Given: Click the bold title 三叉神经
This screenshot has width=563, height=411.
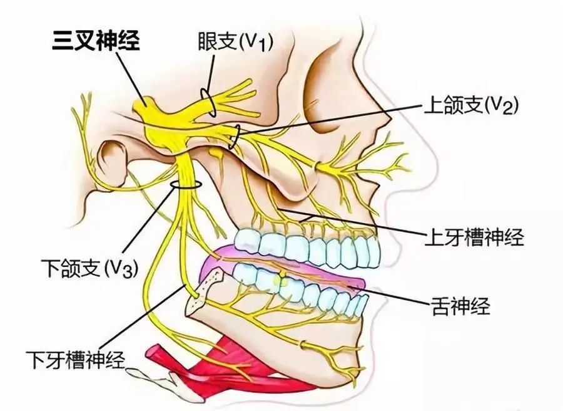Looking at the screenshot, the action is (x=96, y=41).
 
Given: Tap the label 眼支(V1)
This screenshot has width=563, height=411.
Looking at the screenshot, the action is (x=236, y=41).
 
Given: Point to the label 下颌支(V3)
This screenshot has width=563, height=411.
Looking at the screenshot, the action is (x=89, y=268).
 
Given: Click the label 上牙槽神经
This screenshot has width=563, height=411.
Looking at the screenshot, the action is (x=474, y=237).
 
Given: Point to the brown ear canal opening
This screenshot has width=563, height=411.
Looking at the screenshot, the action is (x=114, y=155).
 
